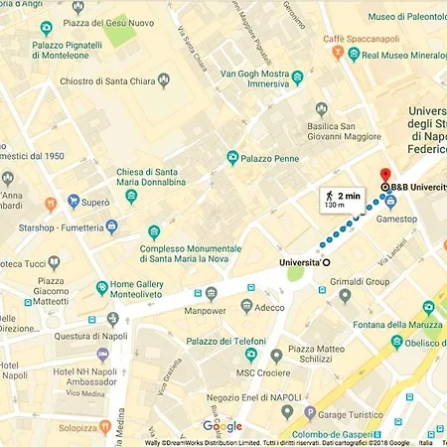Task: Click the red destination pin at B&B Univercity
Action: pyautogui.click(x=385, y=175)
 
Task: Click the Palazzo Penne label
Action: pyautogui.click(x=272, y=157)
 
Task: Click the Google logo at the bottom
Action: pyautogui.click(x=223, y=426)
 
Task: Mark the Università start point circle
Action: pyautogui.click(x=326, y=262)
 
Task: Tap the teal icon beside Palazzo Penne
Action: pyautogui.click(x=232, y=157)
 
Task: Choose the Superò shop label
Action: pyautogui.click(x=95, y=203)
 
